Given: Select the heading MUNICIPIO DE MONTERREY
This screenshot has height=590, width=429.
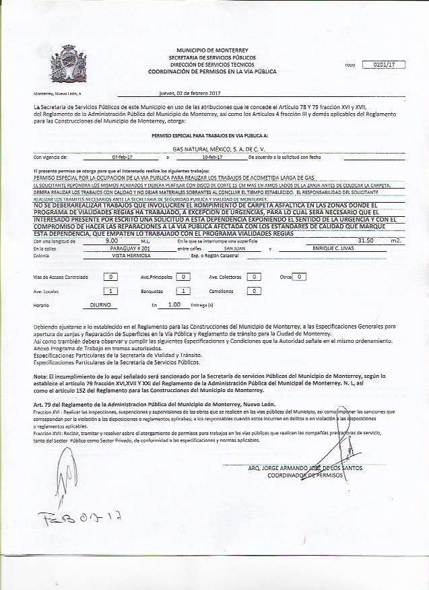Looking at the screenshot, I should click(212, 51).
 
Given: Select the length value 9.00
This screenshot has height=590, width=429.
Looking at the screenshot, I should click(112, 240).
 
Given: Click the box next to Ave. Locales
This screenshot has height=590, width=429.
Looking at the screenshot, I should click(112, 291).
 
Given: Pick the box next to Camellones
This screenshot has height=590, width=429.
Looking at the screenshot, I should click(253, 291).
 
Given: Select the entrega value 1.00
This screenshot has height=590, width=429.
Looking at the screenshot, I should click(174, 304).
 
